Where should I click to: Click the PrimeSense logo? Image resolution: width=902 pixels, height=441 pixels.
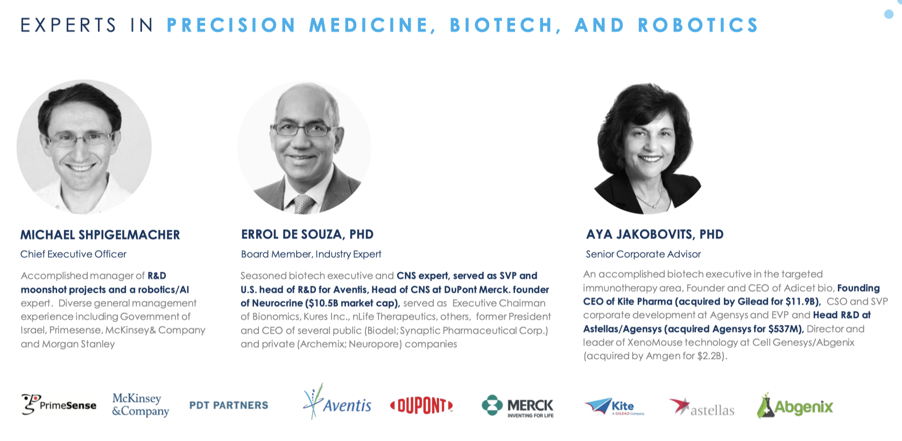(59, 404)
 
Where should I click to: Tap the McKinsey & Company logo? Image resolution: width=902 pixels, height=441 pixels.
(140, 405)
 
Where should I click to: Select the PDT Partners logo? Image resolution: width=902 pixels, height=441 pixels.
(229, 405)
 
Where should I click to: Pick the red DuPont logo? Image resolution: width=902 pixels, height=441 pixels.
(421, 406)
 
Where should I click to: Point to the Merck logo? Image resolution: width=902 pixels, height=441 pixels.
(518, 406)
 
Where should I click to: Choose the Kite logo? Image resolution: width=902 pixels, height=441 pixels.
(615, 406)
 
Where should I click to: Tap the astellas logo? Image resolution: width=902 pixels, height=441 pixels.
(702, 407)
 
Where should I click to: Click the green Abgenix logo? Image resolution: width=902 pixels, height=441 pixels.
(795, 406)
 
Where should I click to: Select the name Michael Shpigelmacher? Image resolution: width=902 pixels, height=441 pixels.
(100, 234)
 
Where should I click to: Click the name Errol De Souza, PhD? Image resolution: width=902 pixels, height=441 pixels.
(307, 234)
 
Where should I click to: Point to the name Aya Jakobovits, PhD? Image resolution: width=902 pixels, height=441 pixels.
(655, 234)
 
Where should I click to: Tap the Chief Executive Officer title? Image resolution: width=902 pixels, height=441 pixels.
(73, 254)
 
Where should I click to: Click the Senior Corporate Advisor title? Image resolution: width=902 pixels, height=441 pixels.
(643, 254)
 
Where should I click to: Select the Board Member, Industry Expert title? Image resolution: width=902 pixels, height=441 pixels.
(311, 254)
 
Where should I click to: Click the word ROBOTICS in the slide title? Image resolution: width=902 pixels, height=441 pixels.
(698, 25)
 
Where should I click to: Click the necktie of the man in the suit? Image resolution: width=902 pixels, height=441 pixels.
(303, 204)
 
